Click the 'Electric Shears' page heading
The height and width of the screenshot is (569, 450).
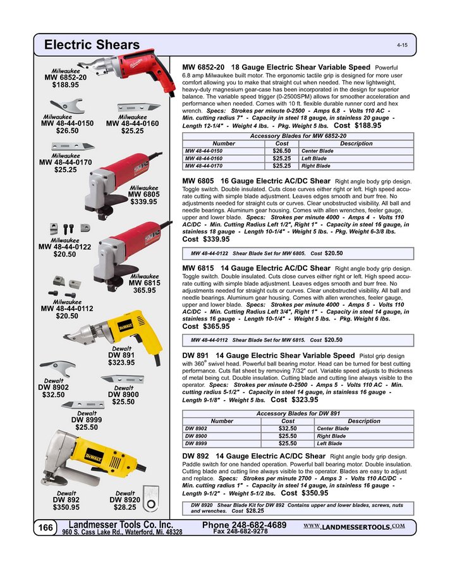[92, 46]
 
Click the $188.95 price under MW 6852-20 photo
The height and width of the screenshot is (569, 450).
[65, 85]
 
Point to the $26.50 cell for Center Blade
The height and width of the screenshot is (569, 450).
[281, 151]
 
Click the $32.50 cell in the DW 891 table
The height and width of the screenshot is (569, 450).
[288, 428]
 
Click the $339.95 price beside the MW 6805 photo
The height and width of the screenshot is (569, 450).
[143, 202]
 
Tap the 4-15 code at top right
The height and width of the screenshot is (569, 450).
[402, 47]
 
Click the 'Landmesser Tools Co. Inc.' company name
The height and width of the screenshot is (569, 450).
[120, 525]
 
